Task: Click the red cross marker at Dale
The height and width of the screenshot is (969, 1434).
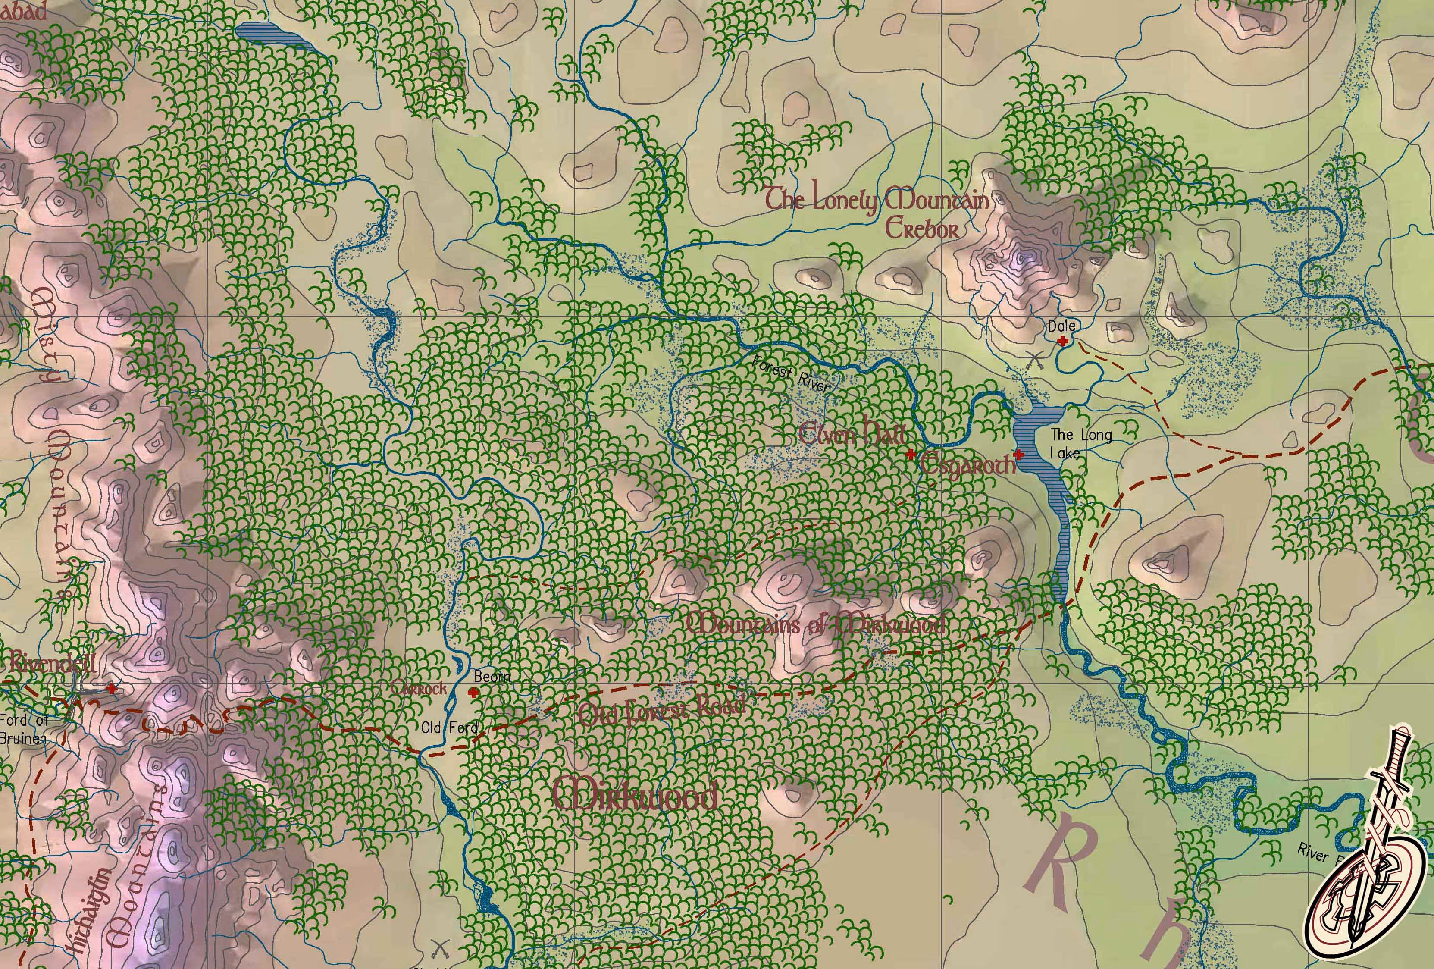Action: pyautogui.click(x=1062, y=341)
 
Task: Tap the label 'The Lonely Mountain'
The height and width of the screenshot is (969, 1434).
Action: pyautogui.click(x=876, y=201)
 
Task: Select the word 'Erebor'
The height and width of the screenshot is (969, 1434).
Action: pyautogui.click(x=922, y=229)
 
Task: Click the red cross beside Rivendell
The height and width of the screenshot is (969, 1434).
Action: pyautogui.click(x=111, y=687)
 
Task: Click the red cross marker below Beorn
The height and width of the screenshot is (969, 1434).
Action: pyautogui.click(x=474, y=693)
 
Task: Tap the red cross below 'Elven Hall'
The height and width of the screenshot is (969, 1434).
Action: pyautogui.click(x=910, y=454)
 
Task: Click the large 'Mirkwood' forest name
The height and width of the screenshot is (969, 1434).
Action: pyautogui.click(x=636, y=795)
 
